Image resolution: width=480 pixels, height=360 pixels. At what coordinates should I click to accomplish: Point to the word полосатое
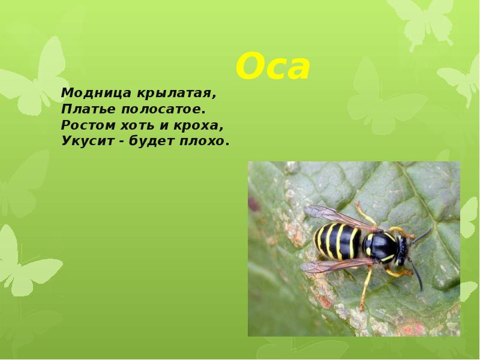coord(163,109)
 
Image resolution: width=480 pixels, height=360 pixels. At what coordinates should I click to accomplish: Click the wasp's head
coord(402,250)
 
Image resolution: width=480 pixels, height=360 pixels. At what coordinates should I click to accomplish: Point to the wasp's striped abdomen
coord(337,241)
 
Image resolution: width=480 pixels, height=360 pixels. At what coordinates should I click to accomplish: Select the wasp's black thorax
coord(380,247)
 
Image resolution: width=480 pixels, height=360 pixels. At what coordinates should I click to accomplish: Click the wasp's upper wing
coord(340,218)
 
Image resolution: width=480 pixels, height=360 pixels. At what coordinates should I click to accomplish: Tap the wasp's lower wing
coord(337,265)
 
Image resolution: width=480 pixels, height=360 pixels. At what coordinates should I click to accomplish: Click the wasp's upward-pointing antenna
coord(422,236)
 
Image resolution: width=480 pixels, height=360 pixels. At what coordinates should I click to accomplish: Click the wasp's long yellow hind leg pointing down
coord(366,289)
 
